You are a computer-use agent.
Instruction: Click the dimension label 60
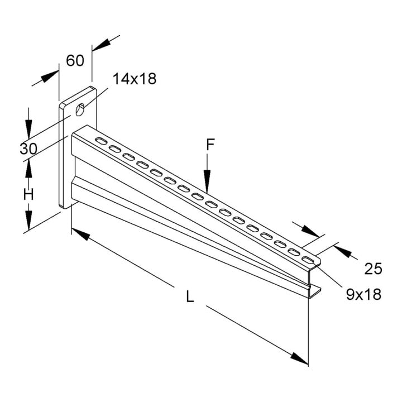75,61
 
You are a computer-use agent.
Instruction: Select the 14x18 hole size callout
135,79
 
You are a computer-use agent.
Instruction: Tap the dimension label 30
28,149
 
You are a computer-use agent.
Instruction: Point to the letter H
28,194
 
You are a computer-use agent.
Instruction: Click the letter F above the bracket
210,145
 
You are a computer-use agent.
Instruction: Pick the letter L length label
190,296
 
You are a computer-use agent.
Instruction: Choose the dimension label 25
374,269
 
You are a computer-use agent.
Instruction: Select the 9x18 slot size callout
363,294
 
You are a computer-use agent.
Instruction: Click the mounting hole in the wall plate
80,109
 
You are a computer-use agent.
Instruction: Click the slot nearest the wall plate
101,141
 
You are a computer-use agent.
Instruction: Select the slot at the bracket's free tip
308,260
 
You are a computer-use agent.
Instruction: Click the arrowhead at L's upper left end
80,234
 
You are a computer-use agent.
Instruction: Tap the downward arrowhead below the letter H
28,217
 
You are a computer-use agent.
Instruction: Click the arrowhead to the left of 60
49,76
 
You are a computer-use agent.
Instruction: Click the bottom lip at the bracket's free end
314,292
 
